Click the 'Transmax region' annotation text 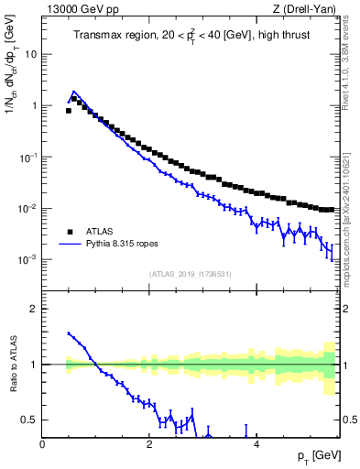pos(112,37)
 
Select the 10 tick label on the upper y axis pos(29,54)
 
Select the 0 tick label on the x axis pos(43,443)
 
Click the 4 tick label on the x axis pos(256,443)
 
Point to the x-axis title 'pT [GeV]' pos(316,455)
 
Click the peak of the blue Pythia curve pos(74,93)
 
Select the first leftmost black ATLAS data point pos(69,110)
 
